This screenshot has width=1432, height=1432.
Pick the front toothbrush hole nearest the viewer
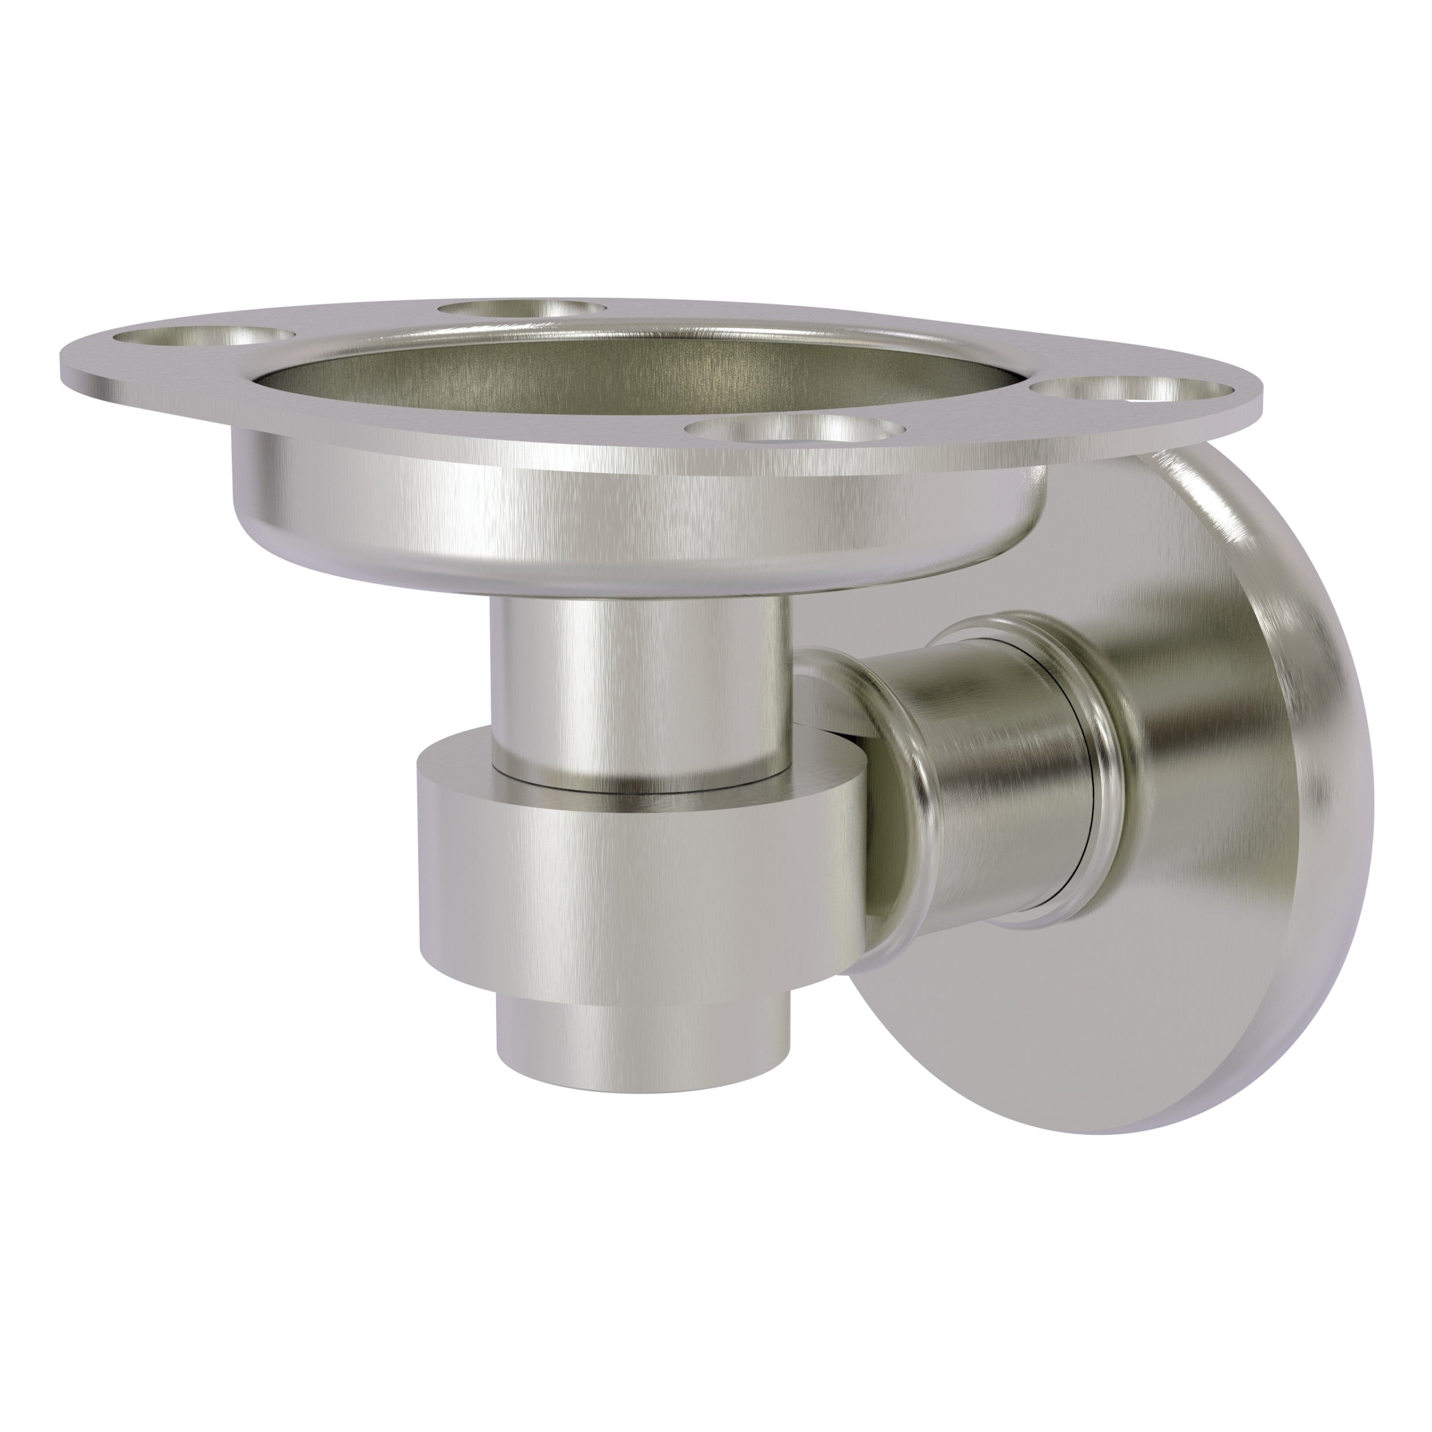[797, 430]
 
